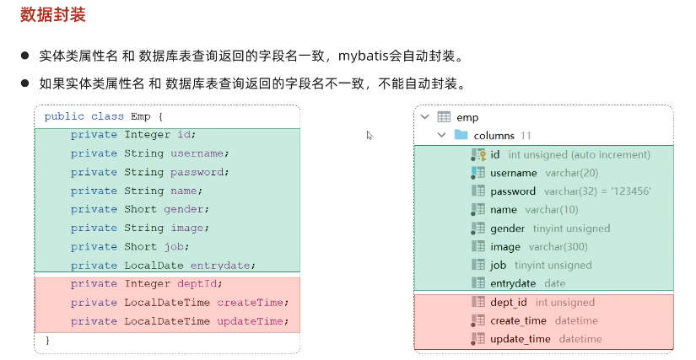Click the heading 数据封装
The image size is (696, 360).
click(x=52, y=15)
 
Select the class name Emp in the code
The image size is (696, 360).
click(x=141, y=116)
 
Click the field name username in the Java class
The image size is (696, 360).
click(x=197, y=153)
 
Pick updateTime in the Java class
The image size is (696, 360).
click(x=252, y=320)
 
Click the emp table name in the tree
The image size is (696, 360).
click(x=467, y=117)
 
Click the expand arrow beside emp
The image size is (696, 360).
click(x=425, y=117)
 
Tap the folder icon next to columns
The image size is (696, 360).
click(x=461, y=135)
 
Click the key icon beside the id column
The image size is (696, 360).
click(x=478, y=154)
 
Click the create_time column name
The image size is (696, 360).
click(x=518, y=320)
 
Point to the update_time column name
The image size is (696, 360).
click(x=520, y=339)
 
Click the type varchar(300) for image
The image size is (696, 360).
click(x=558, y=247)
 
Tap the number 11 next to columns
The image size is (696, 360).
click(x=526, y=136)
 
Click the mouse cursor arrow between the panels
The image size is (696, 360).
click(x=370, y=135)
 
